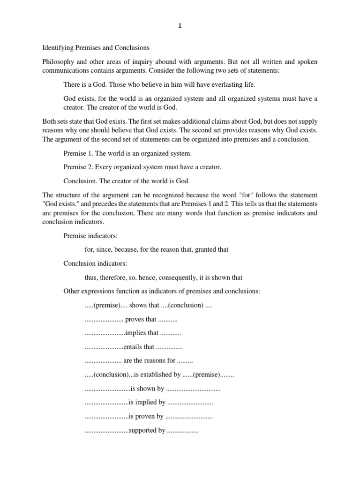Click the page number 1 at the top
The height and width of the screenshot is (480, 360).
(x=180, y=26)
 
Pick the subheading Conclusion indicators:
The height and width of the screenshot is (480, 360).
(x=95, y=263)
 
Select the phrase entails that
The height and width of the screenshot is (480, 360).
(x=139, y=347)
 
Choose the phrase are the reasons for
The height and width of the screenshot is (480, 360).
(x=149, y=360)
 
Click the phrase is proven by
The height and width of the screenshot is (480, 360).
(x=146, y=416)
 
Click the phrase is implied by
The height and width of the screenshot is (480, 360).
(x=147, y=402)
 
